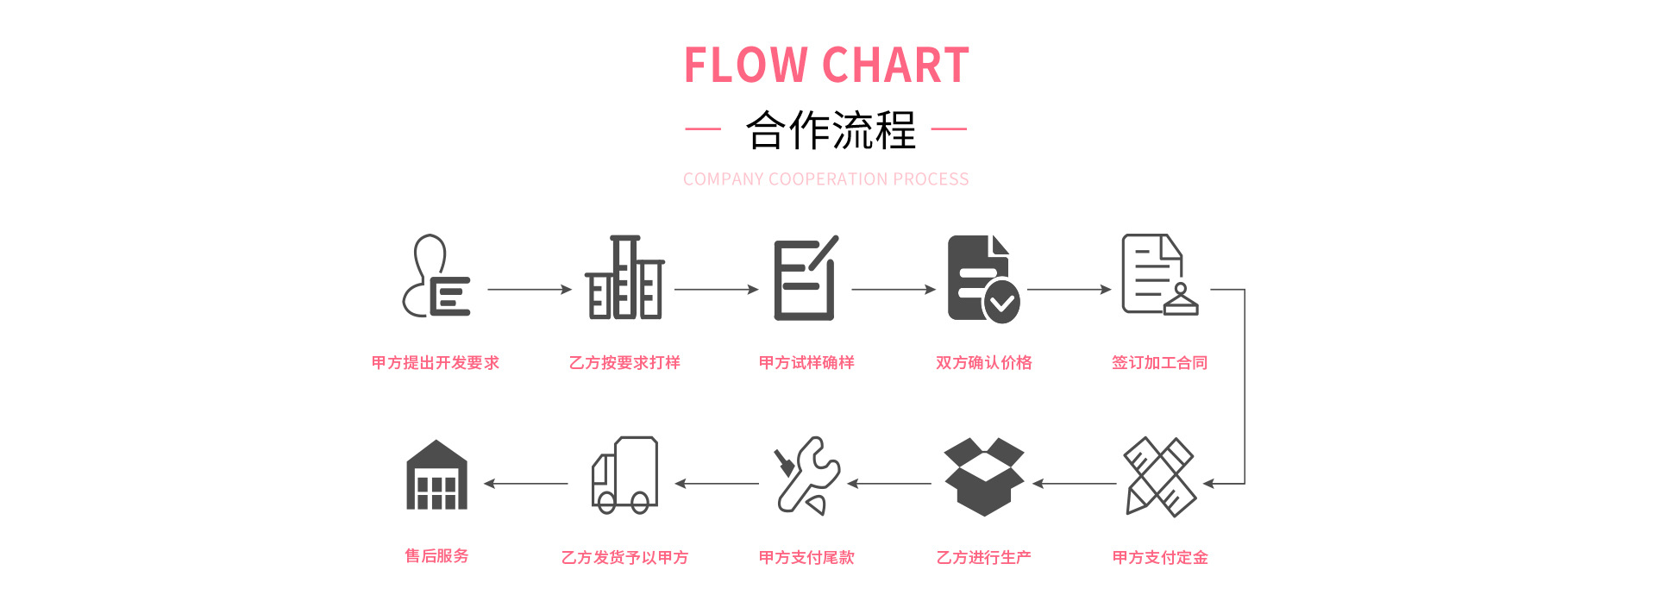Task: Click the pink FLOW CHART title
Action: pos(826,66)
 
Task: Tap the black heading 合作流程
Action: pos(830,130)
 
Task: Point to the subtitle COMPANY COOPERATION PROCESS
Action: pos(825,179)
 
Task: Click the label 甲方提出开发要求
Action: pos(436,363)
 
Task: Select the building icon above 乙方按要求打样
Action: pos(625,278)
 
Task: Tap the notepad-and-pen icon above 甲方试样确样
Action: pos(806,279)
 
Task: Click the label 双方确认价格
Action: pos(984,363)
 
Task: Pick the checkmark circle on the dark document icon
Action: pos(1001,302)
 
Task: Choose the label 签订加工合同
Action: pos(1159,363)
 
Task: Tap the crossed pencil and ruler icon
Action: pos(1160,476)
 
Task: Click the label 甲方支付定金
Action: pos(1160,558)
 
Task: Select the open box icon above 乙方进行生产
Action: pos(984,476)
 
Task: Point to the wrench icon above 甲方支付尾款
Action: pos(807,476)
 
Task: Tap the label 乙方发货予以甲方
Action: pos(625,558)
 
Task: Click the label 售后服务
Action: pos(436,556)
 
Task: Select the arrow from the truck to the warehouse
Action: pos(526,484)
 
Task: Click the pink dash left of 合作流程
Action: pos(703,129)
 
